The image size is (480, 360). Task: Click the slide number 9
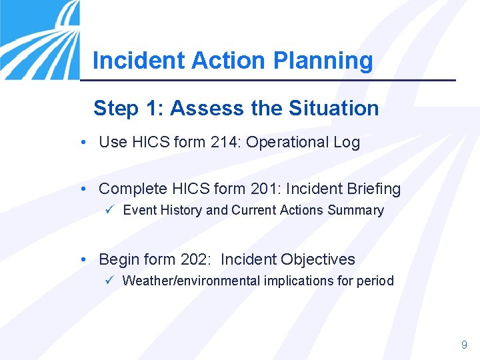click(x=464, y=345)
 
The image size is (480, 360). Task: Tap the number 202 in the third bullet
click(x=195, y=259)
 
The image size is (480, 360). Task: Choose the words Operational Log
click(x=303, y=142)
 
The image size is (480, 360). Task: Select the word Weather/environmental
click(x=191, y=281)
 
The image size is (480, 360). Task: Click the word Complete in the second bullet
click(x=129, y=189)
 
